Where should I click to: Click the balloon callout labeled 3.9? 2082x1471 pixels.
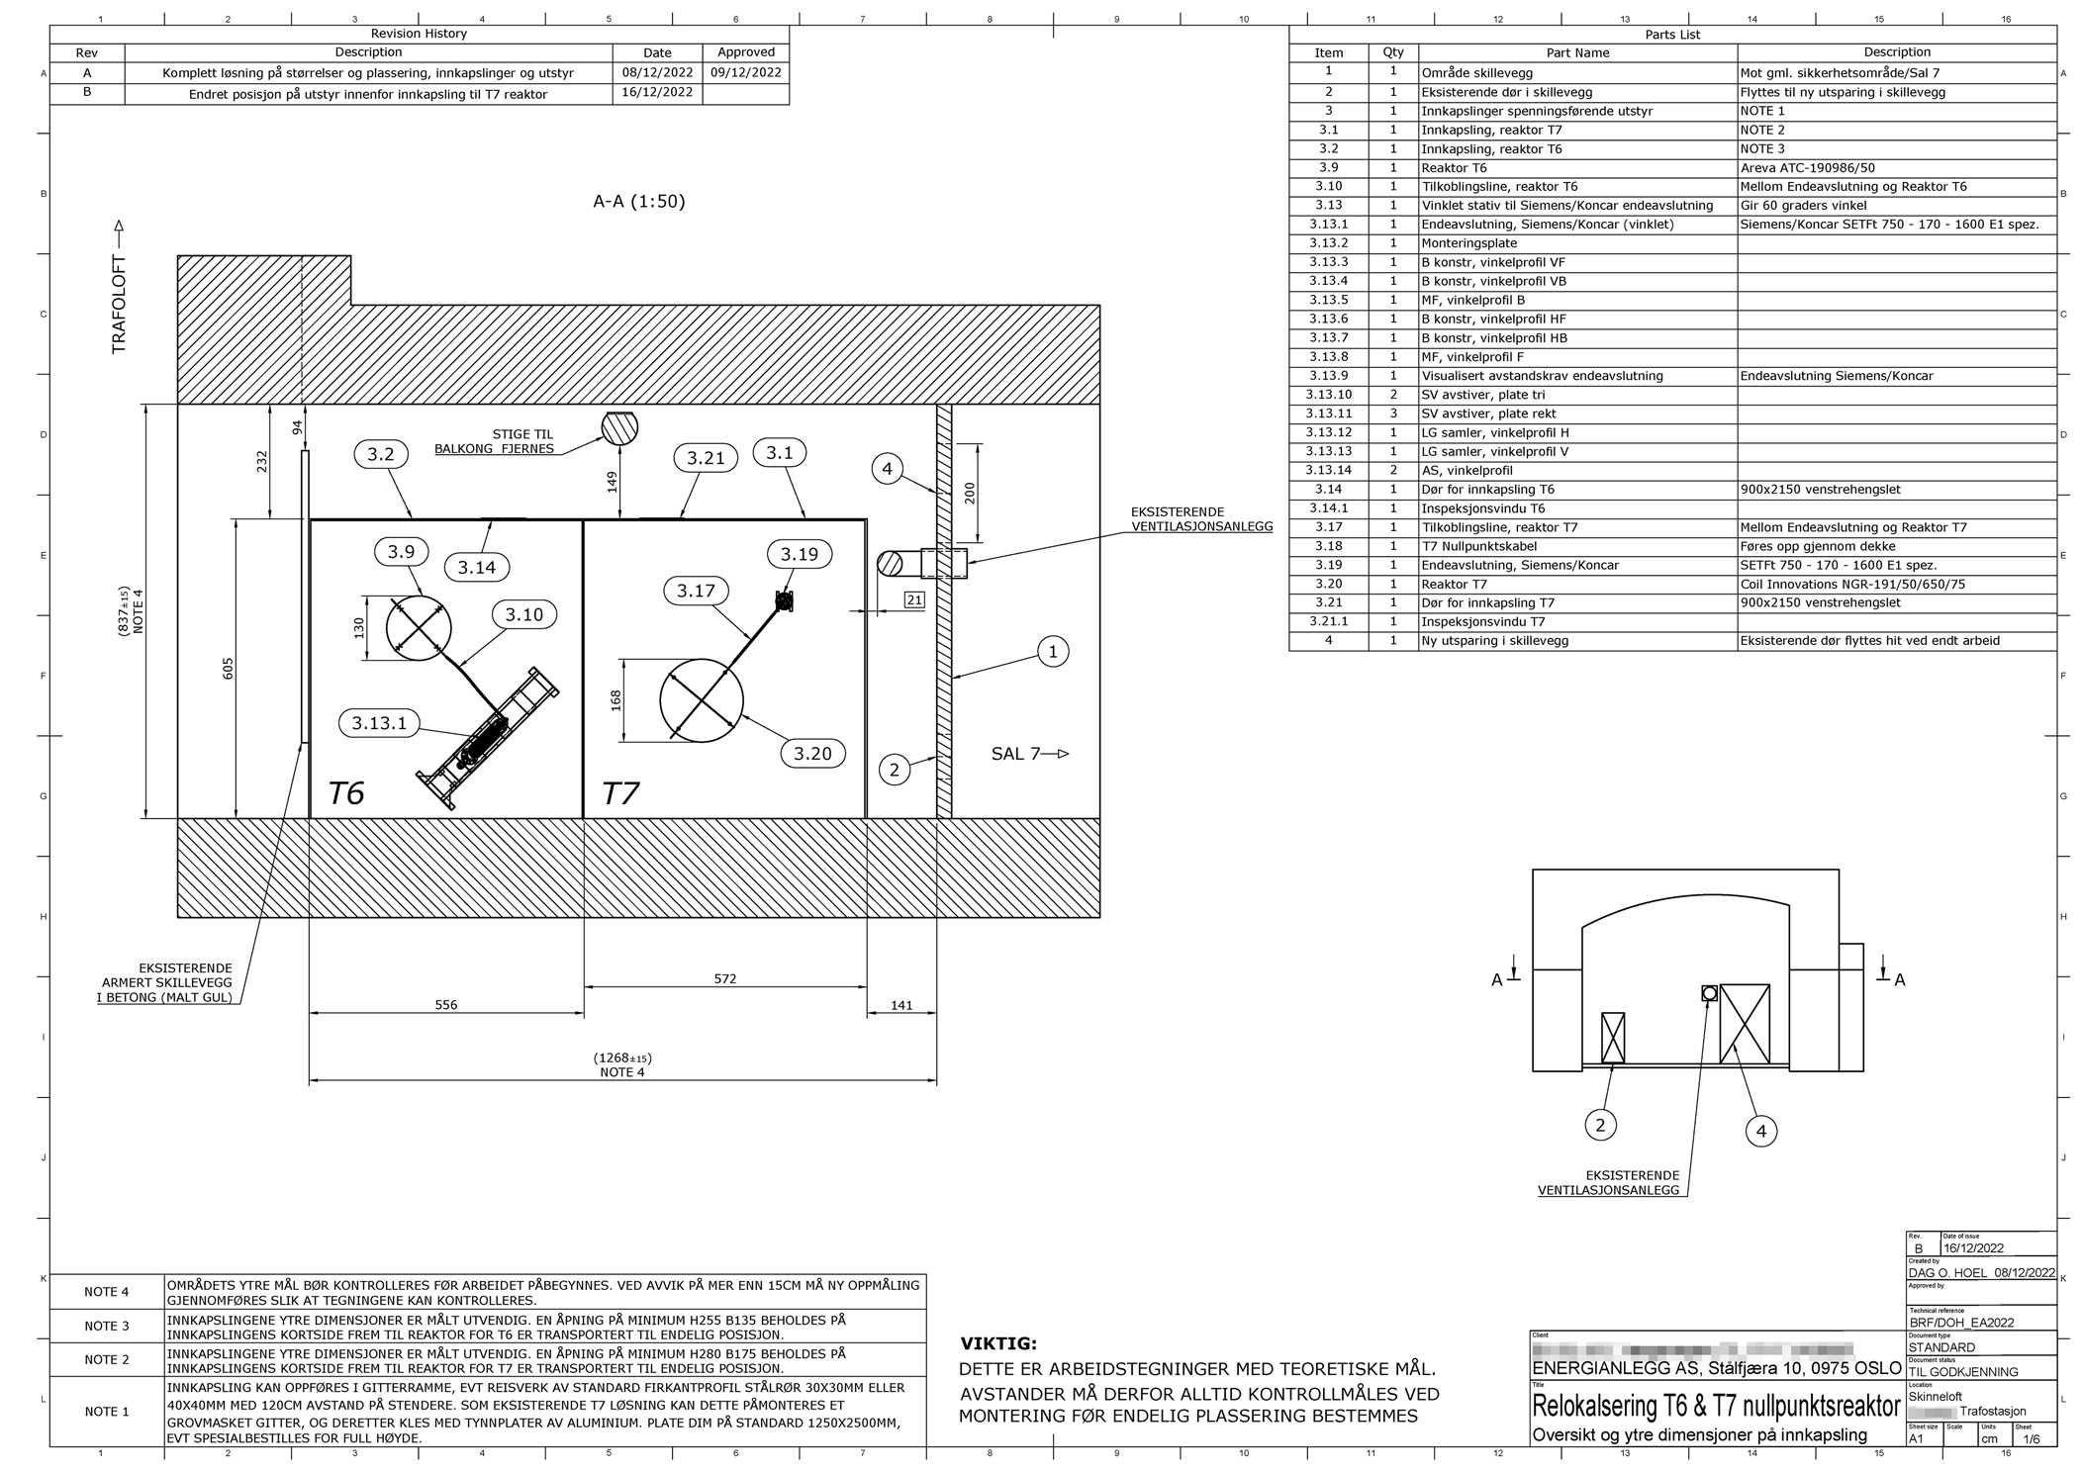[x=401, y=551]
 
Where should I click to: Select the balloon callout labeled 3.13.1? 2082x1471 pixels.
[x=379, y=723]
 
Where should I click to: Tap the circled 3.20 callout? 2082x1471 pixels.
[x=812, y=754]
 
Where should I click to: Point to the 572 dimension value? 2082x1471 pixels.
[x=724, y=978]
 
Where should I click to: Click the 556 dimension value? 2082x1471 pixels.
[x=446, y=1005]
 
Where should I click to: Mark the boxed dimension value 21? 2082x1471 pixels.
[x=914, y=599]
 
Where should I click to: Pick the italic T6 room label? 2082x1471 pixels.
[x=346, y=792]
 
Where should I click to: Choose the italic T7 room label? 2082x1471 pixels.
[x=620, y=793]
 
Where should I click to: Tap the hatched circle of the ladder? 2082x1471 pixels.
[x=619, y=427]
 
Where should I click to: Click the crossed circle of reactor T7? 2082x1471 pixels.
[x=702, y=700]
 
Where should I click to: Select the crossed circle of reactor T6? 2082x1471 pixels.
[x=419, y=627]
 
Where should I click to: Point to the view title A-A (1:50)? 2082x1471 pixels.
[x=639, y=202]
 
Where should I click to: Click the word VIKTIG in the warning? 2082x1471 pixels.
[x=998, y=1343]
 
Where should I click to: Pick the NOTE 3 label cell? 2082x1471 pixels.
[x=107, y=1326]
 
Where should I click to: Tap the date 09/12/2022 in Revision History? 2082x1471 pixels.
[x=745, y=72]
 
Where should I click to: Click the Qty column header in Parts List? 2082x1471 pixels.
[x=1392, y=52]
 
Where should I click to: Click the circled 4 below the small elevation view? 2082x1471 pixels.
[x=1760, y=1130]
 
